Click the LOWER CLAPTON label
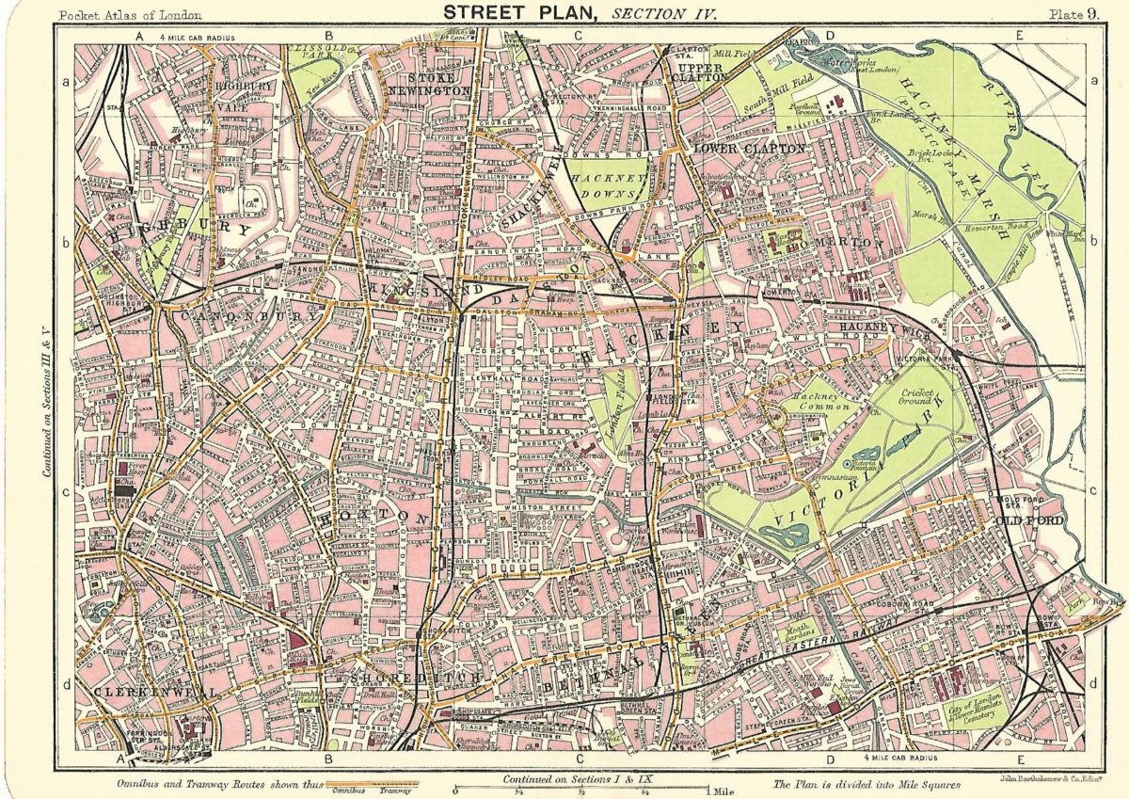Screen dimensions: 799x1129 pyautogui.click(x=749, y=149)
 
